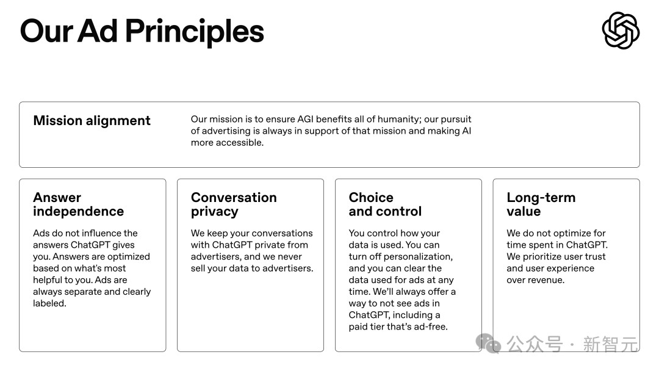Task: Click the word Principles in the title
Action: tap(194, 32)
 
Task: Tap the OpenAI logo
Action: tap(621, 31)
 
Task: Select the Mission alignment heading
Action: tap(92, 121)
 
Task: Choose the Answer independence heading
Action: tap(79, 204)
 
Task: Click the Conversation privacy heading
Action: tap(234, 204)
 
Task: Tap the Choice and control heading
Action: tap(385, 204)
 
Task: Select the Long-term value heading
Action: tap(541, 204)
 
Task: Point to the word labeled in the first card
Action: tap(49, 303)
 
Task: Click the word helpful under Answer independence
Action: tap(50, 280)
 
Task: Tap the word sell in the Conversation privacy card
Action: tap(198, 268)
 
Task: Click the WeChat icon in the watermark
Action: tap(488, 344)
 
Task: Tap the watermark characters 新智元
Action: tap(610, 345)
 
